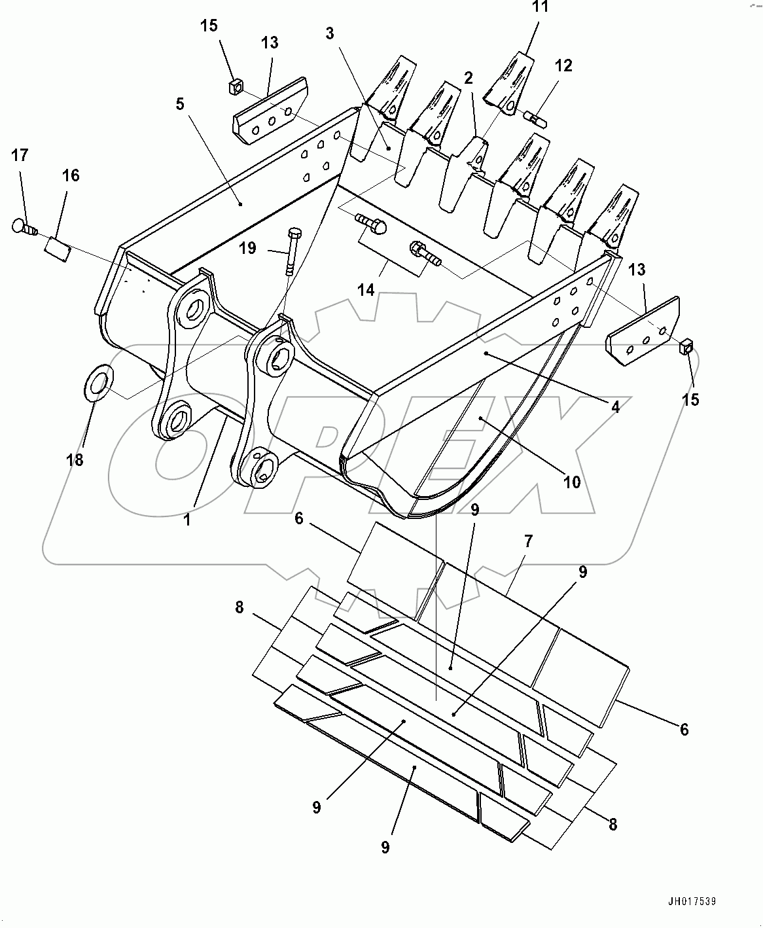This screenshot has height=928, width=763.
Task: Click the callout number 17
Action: pyautogui.click(x=20, y=155)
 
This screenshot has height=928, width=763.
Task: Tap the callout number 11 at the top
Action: pyautogui.click(x=540, y=8)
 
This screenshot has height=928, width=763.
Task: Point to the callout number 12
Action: pyautogui.click(x=563, y=65)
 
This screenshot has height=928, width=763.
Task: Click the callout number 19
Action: pyautogui.click(x=247, y=248)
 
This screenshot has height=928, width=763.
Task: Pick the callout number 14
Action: pyautogui.click(x=366, y=289)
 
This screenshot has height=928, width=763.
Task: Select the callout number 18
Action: pyautogui.click(x=75, y=459)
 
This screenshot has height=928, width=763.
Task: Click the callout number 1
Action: pyautogui.click(x=187, y=520)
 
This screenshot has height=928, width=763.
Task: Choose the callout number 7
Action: pyautogui.click(x=528, y=541)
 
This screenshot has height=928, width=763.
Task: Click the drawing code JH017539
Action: pyautogui.click(x=691, y=901)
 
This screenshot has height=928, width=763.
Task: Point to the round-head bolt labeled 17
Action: pyautogui.click(x=24, y=226)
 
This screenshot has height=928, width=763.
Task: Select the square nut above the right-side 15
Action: pyautogui.click(x=686, y=346)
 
